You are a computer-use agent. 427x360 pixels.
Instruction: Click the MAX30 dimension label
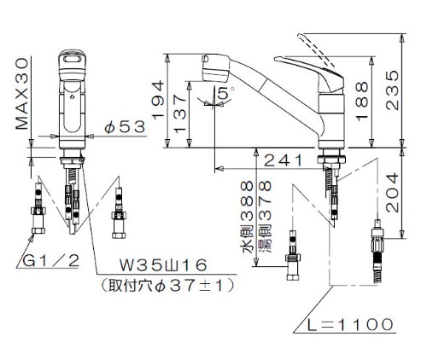pos(22,94)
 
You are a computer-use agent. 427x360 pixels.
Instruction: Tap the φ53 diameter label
pos(125,127)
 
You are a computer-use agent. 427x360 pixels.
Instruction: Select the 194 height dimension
pos(158,99)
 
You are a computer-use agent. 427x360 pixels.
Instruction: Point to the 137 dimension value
pos(179,114)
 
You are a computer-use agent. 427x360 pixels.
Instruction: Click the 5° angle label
pos(226,93)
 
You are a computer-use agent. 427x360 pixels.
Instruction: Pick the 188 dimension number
pos(362,102)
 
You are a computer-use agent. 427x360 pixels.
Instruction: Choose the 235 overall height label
pos(392,90)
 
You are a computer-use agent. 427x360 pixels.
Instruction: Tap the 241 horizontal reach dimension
pos(284,160)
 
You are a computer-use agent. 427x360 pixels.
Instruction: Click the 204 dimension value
pos(392,192)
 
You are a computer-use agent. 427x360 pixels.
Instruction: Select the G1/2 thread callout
pos(50,261)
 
